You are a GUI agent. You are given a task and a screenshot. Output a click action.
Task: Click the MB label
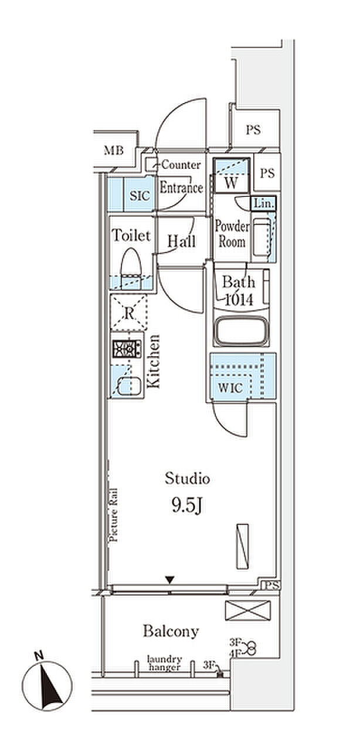pyautogui.click(x=114, y=151)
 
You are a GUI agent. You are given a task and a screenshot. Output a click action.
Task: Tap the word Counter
pyautogui.click(x=181, y=165)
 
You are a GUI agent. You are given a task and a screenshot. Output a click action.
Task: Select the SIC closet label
pyautogui.click(x=140, y=196)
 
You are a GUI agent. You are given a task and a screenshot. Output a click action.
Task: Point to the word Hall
pyautogui.click(x=181, y=241)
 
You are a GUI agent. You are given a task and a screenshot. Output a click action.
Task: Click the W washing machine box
pyautogui.click(x=231, y=175)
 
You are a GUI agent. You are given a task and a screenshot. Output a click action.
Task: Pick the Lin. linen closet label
pyautogui.click(x=264, y=203)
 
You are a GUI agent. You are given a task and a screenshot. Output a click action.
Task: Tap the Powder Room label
pyautogui.click(x=232, y=234)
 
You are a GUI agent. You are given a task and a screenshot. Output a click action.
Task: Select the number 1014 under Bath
pyautogui.click(x=239, y=299)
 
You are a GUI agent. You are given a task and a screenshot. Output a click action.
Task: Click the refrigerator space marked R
pyautogui.click(x=129, y=313)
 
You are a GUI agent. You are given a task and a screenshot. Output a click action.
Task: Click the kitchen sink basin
pyautogui.click(x=130, y=386)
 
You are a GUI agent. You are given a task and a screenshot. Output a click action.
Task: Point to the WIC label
pyautogui.click(x=230, y=388)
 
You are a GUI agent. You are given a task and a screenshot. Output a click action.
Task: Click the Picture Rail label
pyautogui.click(x=114, y=515)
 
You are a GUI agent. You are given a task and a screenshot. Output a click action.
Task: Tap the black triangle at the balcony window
pyautogui.click(x=170, y=579)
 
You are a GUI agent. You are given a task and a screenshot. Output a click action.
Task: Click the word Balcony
pyautogui.click(x=171, y=632)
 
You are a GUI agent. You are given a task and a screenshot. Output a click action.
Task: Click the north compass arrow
pyautogui.click(x=50, y=683)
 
